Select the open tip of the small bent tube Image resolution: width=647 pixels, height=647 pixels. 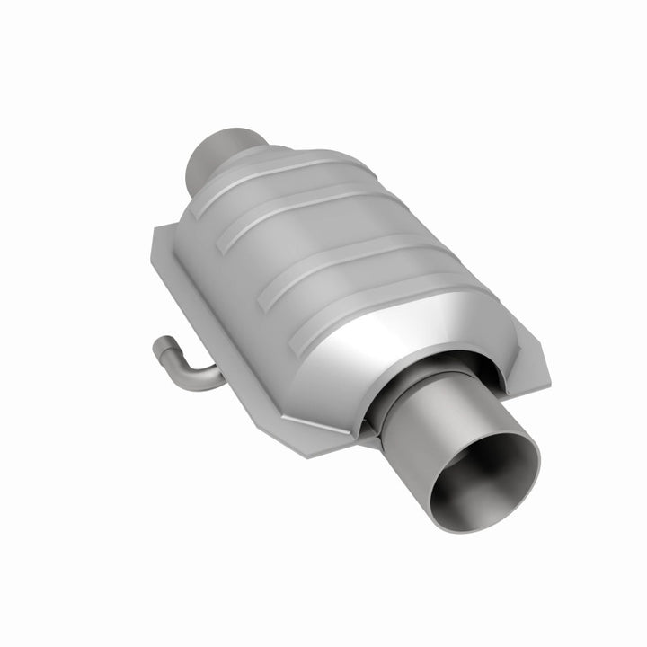tap(161, 346)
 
